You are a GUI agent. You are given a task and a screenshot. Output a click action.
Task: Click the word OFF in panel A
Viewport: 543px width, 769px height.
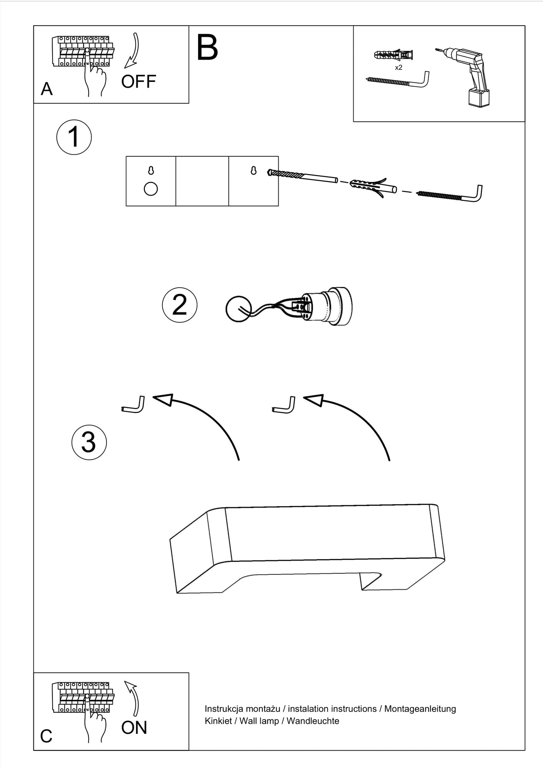coord(138,82)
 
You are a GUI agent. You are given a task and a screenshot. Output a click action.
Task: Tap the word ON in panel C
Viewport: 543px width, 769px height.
coord(134,728)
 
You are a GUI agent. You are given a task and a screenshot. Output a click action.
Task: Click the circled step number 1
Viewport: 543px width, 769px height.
coord(74,137)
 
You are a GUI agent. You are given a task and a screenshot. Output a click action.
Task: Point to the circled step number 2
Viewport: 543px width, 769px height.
coord(180,305)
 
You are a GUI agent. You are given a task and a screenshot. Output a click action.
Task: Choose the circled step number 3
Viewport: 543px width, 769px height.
coord(89,442)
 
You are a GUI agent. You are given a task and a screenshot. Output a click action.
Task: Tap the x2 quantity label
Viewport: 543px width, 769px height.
coord(398,68)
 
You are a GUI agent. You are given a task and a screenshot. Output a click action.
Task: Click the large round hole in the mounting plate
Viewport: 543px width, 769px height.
coord(151,189)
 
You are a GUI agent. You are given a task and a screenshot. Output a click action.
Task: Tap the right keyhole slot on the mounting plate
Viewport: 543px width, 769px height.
coord(253,170)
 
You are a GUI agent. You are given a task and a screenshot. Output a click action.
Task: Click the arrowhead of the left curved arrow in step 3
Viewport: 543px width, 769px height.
coord(163,399)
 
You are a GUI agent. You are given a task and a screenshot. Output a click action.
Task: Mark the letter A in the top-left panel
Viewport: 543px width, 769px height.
coord(46,89)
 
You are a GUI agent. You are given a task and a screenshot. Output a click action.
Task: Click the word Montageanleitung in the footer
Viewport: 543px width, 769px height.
coord(420,709)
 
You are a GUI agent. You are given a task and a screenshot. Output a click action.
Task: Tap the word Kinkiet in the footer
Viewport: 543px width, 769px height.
coord(218,721)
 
